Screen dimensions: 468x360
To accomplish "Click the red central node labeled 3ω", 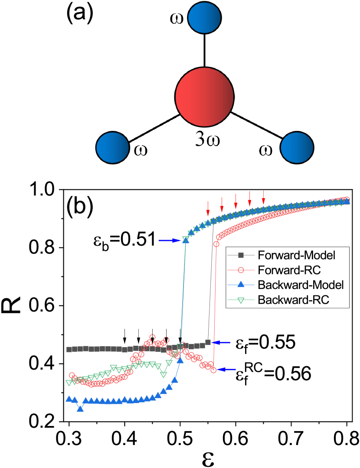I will [204, 96].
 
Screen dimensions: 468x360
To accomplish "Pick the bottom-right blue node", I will [297, 148].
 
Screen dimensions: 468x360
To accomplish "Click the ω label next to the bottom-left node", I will [141, 150].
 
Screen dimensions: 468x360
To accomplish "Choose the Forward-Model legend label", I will [296, 255].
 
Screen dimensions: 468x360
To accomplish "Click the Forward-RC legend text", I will [289, 270].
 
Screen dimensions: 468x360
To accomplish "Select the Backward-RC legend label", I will [294, 299].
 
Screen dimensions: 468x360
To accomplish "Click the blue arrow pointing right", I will [170, 240].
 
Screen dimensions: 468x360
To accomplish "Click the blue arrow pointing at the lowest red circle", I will [227, 370].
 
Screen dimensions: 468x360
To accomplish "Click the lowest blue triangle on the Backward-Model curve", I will [80, 408].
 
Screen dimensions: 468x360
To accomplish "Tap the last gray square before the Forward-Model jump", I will [208, 342].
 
